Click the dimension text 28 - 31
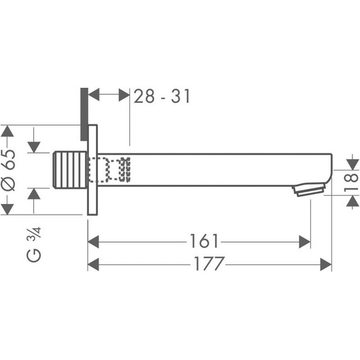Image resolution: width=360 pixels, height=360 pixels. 162,96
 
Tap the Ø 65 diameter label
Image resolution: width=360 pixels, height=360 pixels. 8,170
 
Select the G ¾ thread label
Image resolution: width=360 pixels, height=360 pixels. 34,244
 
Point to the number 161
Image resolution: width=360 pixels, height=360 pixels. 204,241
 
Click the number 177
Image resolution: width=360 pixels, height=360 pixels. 209,263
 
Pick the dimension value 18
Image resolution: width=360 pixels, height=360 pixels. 351,183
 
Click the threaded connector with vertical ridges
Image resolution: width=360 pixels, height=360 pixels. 70,170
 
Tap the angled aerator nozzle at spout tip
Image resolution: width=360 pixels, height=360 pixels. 309,189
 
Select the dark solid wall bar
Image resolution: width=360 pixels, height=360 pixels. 84,114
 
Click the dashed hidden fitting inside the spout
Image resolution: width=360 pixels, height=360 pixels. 109,170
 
